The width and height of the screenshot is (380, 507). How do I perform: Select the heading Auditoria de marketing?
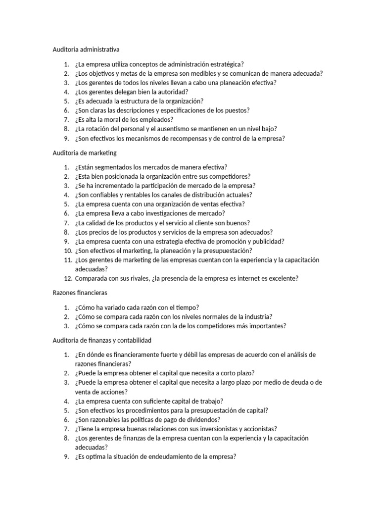85,153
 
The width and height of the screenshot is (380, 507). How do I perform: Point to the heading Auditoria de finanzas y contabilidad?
102,340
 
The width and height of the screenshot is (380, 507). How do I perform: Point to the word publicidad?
266,241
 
